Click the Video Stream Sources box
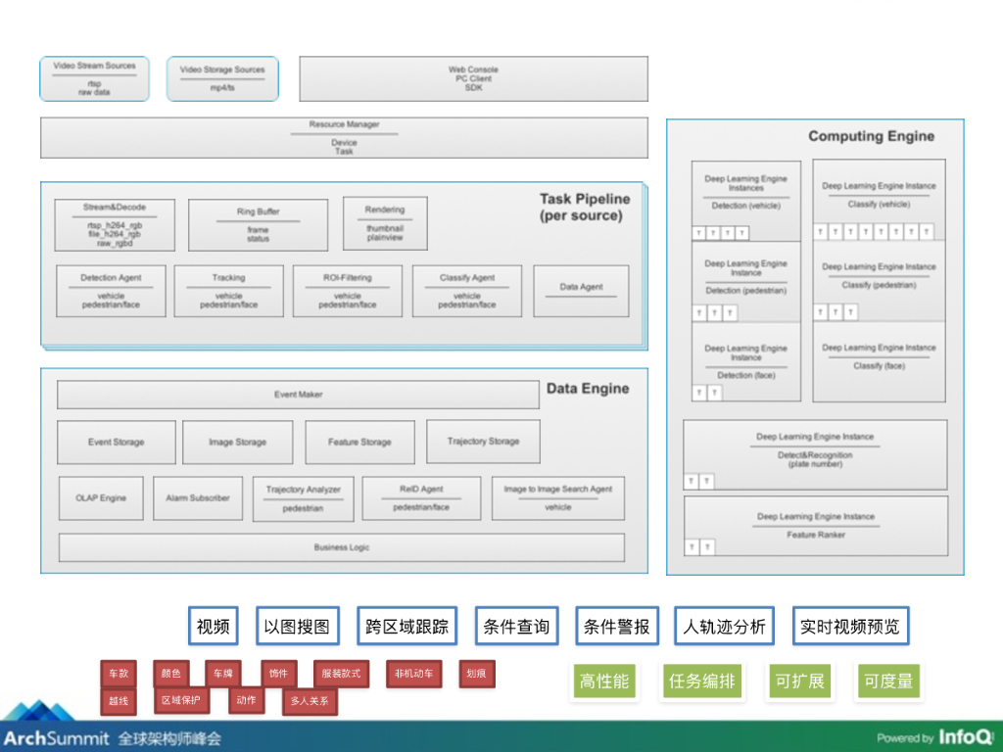94,78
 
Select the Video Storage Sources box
222,78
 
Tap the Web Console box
473,78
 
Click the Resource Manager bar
344,138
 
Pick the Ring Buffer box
258,225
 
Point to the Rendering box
385,223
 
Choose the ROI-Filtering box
347,291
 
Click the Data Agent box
581,291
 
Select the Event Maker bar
298,395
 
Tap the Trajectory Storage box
483,442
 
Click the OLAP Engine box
101,498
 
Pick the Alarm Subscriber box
198,498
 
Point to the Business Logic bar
342,547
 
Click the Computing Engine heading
871,136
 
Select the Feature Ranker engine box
815,526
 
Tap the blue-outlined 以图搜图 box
297,627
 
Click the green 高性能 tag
604,681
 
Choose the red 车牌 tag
220,674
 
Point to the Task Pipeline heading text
585,207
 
